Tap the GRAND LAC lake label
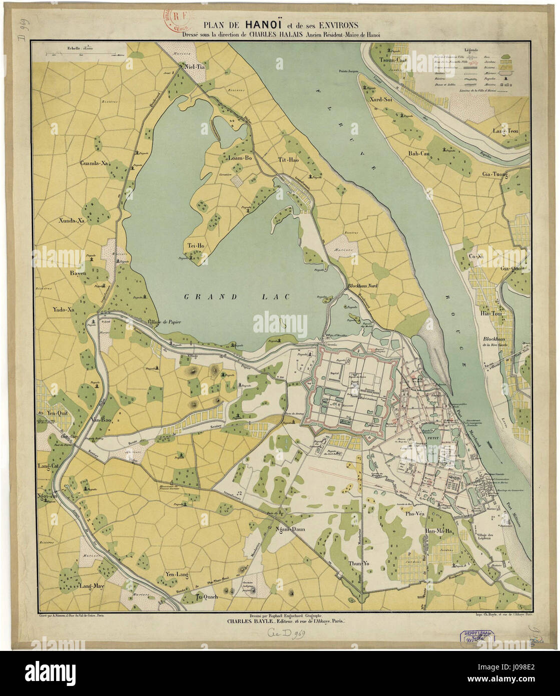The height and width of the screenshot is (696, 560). click(237, 297)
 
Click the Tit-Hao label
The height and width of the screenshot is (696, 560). click(288, 160)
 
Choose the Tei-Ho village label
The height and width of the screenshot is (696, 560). click(196, 245)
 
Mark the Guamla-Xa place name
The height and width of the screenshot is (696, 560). click(95, 163)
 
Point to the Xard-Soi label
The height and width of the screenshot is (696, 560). click(381, 99)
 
